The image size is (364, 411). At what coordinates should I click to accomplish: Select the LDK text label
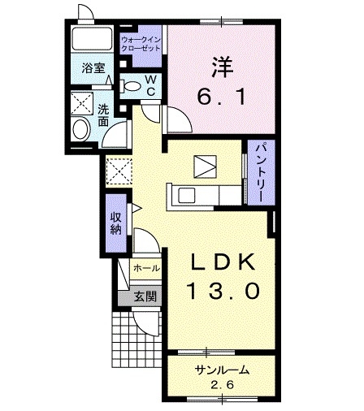coord(224,262)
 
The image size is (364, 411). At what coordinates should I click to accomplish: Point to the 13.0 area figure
coord(224,289)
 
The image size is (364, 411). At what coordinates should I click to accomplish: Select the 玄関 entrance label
coord(146,296)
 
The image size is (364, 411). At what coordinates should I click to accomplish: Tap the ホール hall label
coord(146,267)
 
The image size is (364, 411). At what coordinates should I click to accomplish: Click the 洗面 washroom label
coord(103,115)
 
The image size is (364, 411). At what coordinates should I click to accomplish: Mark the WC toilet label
coord(150,84)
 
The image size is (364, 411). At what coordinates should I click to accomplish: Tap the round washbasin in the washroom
coord(81,128)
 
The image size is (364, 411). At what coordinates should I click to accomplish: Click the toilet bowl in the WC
coord(130,84)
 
